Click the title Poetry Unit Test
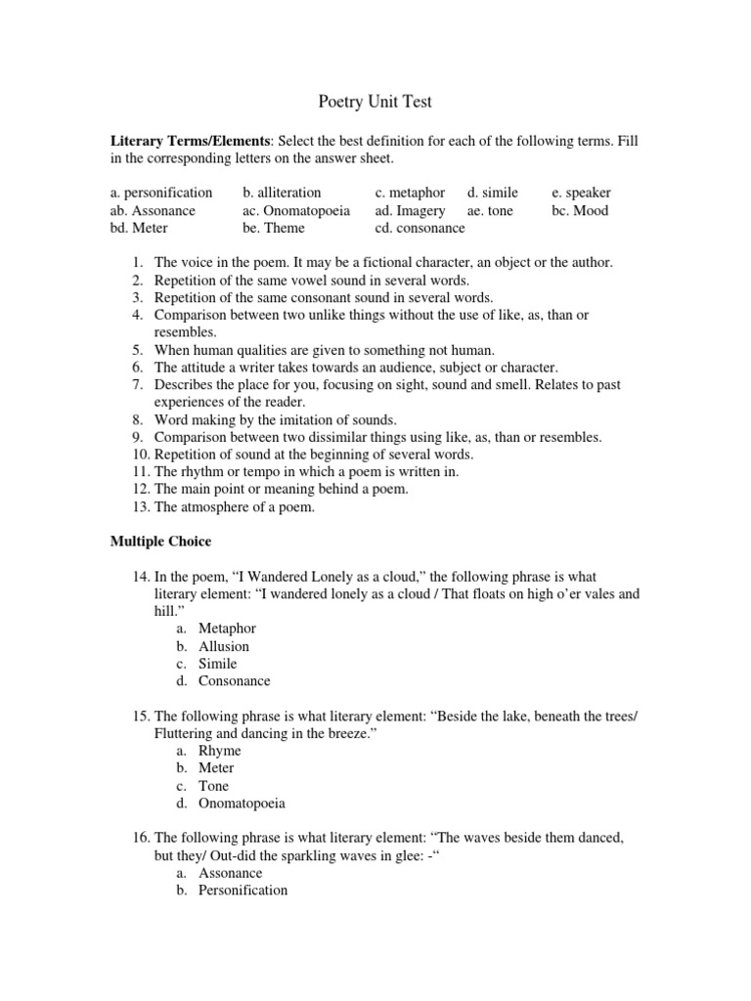click(375, 101)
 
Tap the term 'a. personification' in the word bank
click(161, 193)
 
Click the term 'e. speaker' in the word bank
click(581, 193)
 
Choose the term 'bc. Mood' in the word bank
click(579, 210)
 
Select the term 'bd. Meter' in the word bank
click(139, 228)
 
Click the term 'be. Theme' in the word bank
click(274, 228)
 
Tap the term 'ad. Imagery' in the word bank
click(410, 210)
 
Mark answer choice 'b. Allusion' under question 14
click(223, 646)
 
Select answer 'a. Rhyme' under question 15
click(219, 751)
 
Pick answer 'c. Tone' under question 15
click(213, 786)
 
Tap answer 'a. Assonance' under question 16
click(230, 873)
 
